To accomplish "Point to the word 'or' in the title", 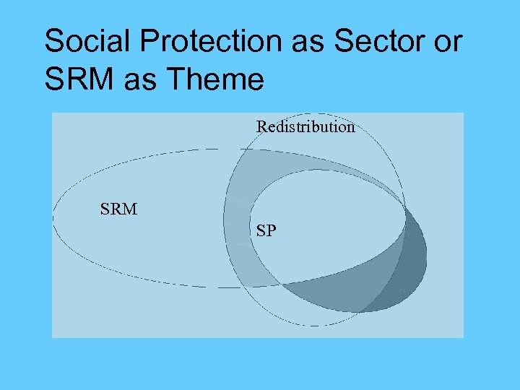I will pyautogui.click(x=446, y=42).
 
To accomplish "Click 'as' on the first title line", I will pyautogui.click(x=308, y=42).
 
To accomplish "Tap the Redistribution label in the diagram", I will pyautogui.click(x=305, y=127).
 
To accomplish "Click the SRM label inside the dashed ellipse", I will pyautogui.click(x=118, y=210).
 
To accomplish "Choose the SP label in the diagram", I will pyautogui.click(x=266, y=231).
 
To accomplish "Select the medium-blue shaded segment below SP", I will pyautogui.click(x=339, y=289).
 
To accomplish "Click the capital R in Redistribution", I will pyautogui.click(x=261, y=127).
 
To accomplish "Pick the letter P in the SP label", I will pyautogui.click(x=271, y=231).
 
